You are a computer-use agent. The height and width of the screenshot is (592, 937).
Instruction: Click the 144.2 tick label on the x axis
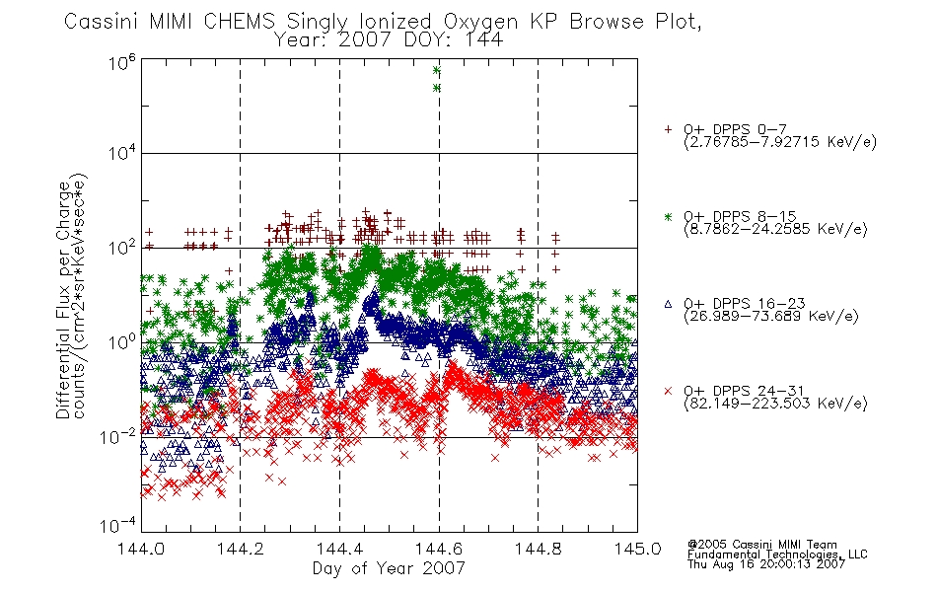point(241,549)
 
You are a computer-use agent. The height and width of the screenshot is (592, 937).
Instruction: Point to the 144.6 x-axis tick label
point(439,549)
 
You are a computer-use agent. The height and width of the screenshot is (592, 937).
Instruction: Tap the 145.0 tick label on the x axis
point(637,549)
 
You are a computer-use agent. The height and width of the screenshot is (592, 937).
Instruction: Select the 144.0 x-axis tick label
point(141,549)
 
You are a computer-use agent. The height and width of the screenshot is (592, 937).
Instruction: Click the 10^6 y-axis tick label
point(122,62)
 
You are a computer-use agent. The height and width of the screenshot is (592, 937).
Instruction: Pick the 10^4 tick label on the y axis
point(122,153)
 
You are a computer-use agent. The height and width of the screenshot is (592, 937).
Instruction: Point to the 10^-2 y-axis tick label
point(118,437)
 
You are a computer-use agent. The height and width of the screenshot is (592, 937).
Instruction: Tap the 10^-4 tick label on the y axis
point(118,526)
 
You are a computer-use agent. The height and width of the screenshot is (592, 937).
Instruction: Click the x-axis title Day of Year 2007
point(389,568)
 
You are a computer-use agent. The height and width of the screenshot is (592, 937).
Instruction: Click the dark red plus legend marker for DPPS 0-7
point(668,129)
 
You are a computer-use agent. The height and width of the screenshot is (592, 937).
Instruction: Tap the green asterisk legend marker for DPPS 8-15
point(668,217)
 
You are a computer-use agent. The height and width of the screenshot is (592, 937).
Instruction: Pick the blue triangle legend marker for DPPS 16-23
point(668,304)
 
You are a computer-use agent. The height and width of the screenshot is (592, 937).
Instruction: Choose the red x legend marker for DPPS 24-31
point(668,391)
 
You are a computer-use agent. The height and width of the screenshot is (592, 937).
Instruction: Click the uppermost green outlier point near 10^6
point(436,70)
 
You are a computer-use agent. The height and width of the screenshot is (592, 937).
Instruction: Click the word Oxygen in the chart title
point(480,22)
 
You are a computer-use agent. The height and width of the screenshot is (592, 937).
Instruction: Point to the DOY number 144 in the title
point(483,40)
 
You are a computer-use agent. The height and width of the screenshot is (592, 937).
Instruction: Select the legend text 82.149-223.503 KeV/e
point(775,404)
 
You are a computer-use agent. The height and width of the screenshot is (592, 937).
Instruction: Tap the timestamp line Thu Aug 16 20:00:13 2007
point(766,564)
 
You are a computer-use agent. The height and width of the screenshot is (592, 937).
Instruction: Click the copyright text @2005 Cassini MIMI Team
point(761,545)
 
